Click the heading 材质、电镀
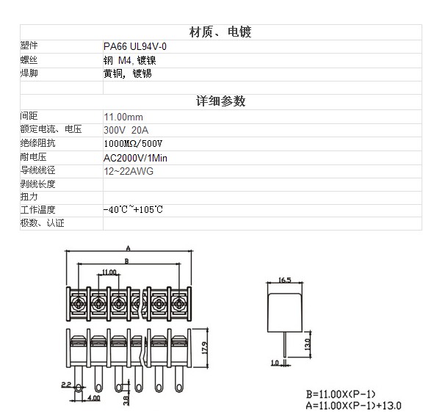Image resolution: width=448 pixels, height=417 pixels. [x=221, y=32]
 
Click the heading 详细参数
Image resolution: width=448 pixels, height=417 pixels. [x=221, y=101]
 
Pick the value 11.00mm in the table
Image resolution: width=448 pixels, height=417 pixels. [x=123, y=117]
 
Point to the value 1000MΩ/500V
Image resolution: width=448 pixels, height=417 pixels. [x=133, y=143]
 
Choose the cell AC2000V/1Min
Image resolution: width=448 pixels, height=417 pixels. [x=136, y=157]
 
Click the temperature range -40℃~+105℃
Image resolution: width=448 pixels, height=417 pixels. [x=134, y=210]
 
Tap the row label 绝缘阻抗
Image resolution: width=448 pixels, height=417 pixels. [x=37, y=143]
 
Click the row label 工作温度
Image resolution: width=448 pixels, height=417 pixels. [x=37, y=210]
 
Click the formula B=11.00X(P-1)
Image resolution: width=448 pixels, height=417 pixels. [x=343, y=392]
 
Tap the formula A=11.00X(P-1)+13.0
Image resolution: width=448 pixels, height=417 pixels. [x=355, y=405]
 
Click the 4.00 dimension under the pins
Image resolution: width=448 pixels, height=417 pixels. [x=95, y=398]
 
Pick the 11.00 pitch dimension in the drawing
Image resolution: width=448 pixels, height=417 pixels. [x=109, y=272]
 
